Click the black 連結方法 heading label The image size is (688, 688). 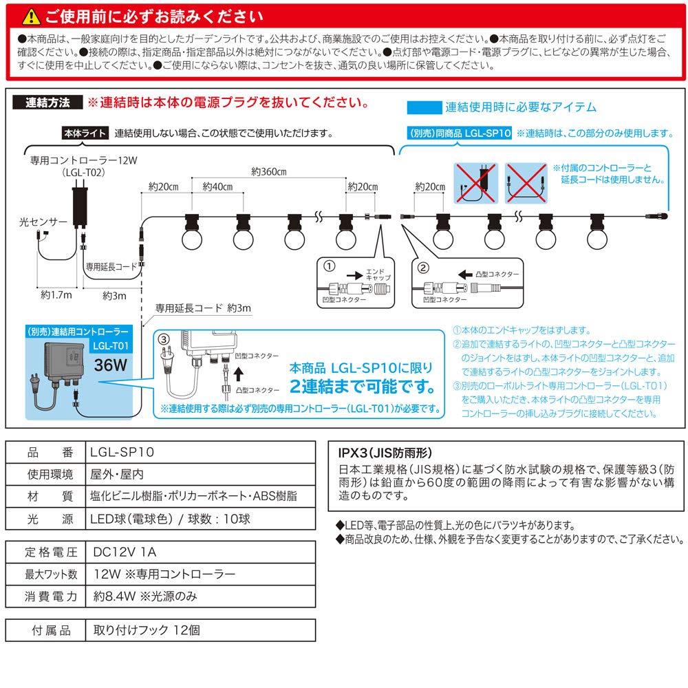click(47, 103)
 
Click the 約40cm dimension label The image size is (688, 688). click(218, 187)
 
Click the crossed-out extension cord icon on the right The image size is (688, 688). click(527, 182)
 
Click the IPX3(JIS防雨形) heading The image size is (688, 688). click(385, 453)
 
